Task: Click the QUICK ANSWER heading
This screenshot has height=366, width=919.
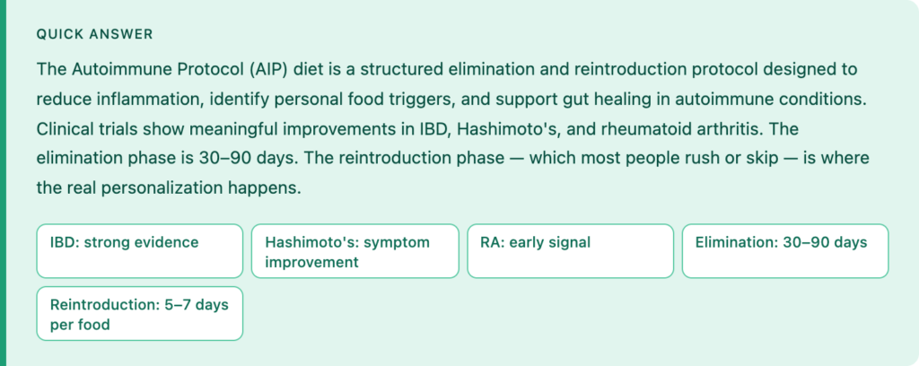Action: click(x=94, y=35)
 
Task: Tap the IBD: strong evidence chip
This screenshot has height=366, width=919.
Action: click(x=139, y=250)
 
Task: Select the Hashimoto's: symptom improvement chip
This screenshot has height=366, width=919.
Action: click(x=355, y=250)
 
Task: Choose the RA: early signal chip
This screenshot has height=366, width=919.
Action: click(x=570, y=250)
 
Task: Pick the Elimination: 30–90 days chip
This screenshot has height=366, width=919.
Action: click(x=785, y=250)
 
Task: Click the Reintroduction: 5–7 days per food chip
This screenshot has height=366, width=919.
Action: click(x=139, y=313)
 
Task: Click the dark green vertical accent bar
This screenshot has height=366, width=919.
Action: click(x=3, y=183)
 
